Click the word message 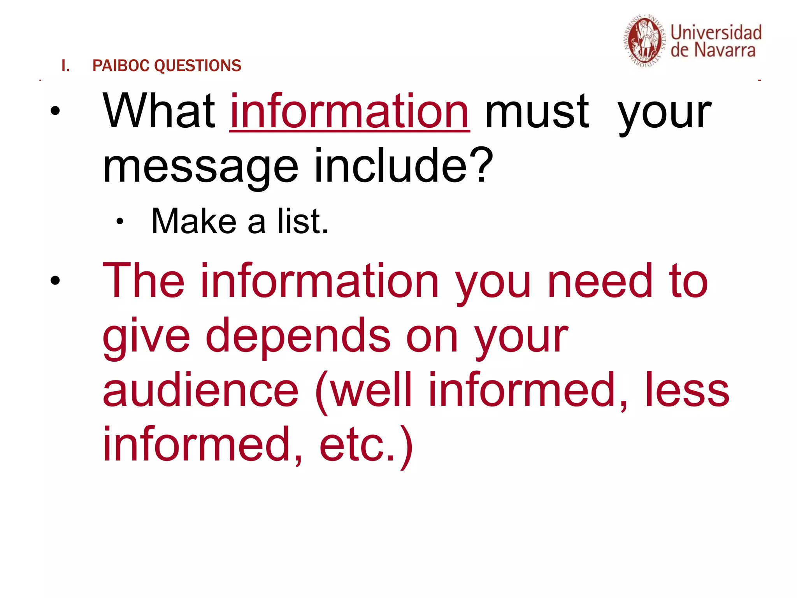click(200, 167)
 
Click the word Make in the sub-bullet click(194, 221)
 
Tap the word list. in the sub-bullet click(303, 221)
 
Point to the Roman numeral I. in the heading click(65, 66)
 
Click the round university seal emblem click(644, 41)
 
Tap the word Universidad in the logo click(716, 33)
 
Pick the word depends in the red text click(298, 336)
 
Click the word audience click(200, 390)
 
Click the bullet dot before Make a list click(119, 222)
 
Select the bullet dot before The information click(55, 280)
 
